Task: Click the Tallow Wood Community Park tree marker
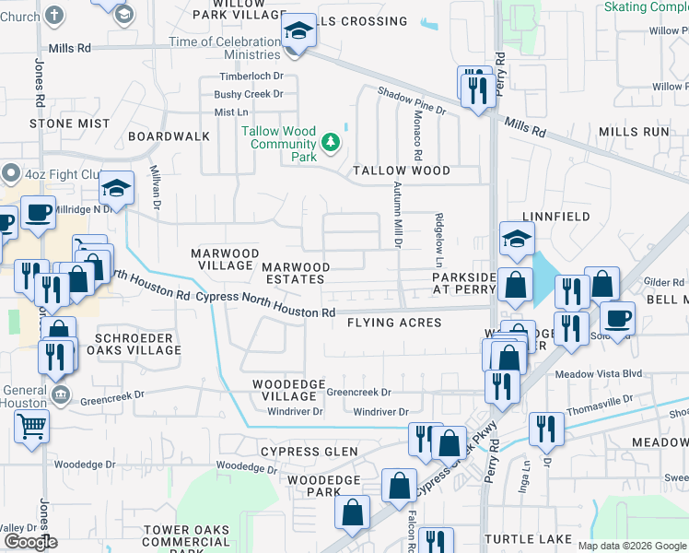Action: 331,143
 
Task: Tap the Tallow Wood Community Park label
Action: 278,144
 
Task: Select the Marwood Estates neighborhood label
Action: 296,273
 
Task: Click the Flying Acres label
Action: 394,323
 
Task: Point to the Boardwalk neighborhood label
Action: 169,136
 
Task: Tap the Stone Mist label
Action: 63,123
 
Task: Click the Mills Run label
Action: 633,132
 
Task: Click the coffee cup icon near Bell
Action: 617,318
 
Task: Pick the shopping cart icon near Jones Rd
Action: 32,427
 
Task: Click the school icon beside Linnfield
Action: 517,240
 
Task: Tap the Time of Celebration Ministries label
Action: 224,48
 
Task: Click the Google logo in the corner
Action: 30,542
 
